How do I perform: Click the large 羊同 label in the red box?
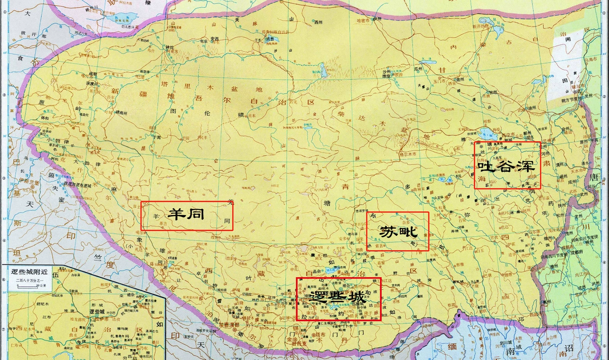185,214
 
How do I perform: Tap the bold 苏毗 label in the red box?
397,232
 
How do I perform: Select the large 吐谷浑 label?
506,167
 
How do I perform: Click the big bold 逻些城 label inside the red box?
338,297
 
